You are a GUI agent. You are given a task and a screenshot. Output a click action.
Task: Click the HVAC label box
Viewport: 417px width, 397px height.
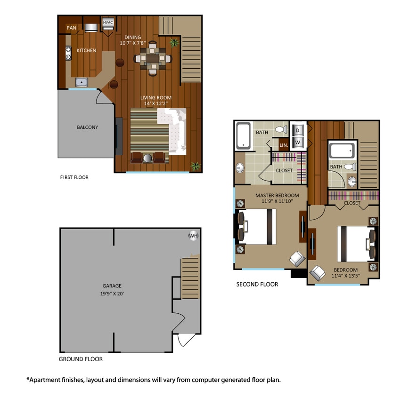107,23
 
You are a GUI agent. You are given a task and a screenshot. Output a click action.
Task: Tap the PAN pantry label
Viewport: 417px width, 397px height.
71,28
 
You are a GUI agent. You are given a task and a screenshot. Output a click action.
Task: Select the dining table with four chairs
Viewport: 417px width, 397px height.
152,58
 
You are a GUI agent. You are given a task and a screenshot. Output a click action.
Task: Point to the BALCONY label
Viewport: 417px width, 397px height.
87,127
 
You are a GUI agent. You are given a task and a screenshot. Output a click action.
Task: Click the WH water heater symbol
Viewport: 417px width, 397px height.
193,235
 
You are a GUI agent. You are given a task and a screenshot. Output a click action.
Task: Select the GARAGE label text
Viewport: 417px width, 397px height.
112,286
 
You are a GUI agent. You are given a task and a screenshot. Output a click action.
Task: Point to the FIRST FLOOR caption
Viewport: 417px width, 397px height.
74,177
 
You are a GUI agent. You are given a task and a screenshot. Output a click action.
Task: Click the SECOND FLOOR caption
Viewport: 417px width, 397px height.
257,284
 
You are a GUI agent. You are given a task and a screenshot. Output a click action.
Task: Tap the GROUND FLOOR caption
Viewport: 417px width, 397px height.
81,359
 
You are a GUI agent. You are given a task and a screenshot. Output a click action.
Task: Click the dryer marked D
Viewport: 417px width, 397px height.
297,130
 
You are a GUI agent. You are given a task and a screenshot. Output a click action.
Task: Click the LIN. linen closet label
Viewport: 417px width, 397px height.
284,145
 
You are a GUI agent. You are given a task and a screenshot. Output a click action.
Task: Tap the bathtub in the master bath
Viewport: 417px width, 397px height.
243,135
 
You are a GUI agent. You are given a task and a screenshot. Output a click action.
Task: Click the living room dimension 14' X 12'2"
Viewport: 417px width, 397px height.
155,103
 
